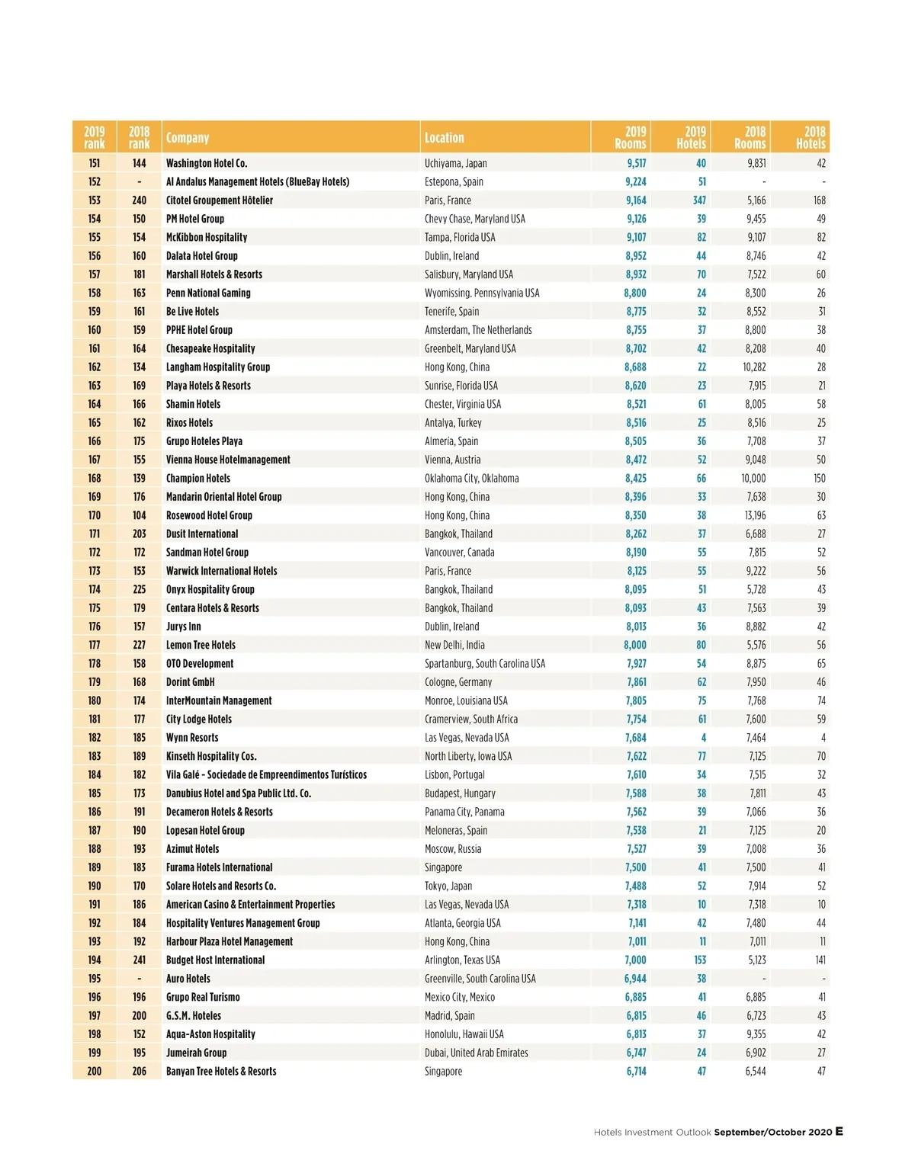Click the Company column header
click(188, 138)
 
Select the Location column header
click(444, 138)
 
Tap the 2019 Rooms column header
click(631, 137)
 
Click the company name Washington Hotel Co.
click(207, 163)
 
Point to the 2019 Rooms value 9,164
click(636, 200)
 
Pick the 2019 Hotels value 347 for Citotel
click(699, 200)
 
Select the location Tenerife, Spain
click(451, 312)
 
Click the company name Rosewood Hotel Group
click(209, 515)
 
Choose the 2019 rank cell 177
click(95, 645)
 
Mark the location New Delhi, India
click(454, 645)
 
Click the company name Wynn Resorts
click(192, 738)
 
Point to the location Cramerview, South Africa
click(471, 719)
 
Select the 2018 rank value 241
click(139, 960)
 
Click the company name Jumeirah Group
click(196, 1053)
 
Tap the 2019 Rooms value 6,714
click(636, 1071)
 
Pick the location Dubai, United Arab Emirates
click(477, 1053)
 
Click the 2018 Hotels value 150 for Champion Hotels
click(819, 479)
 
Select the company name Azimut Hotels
click(192, 849)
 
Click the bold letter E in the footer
click(839, 1131)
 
